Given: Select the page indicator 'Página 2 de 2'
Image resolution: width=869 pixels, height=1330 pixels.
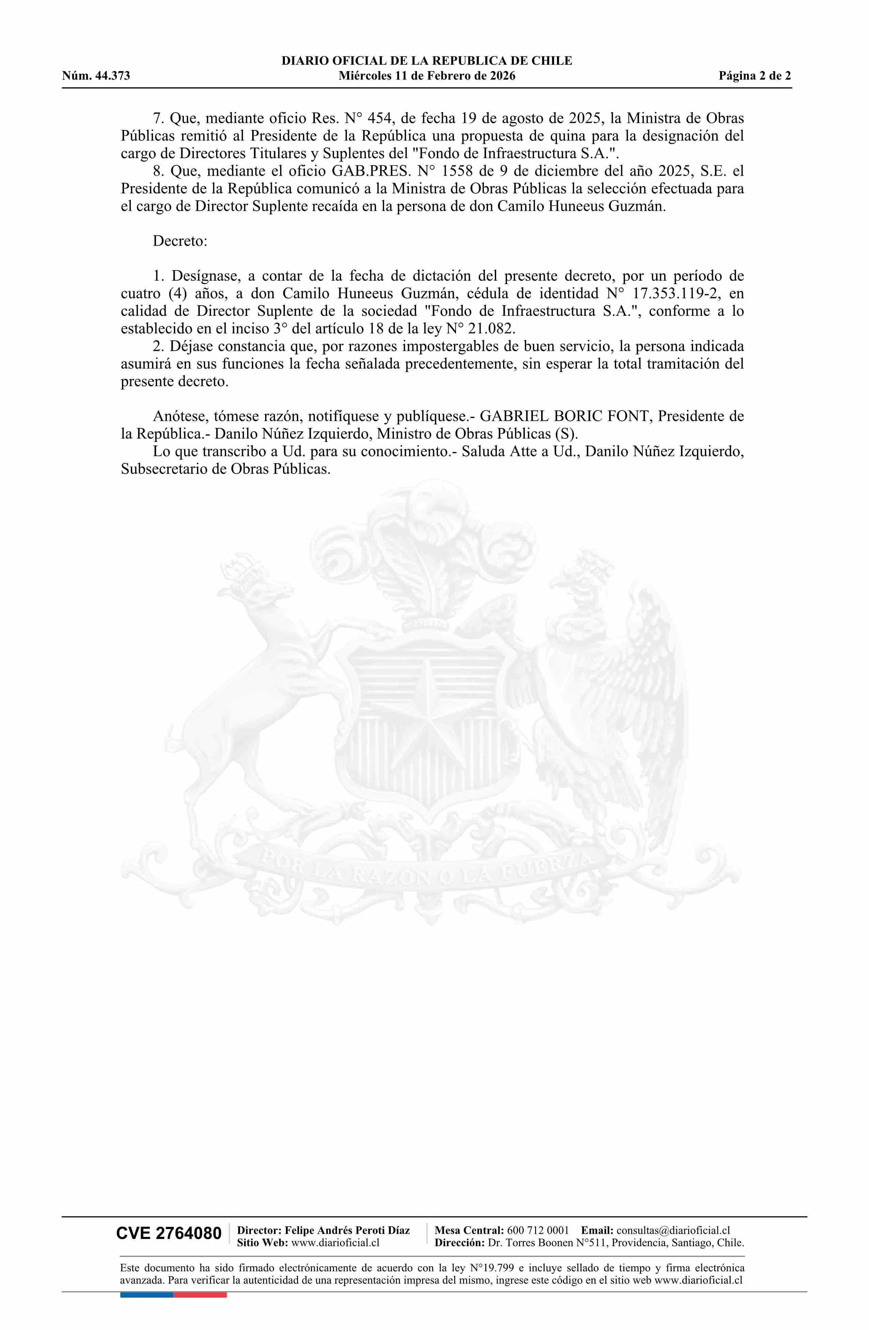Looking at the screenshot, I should [754, 76].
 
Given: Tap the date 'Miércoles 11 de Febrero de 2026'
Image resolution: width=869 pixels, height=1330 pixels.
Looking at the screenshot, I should [427, 76].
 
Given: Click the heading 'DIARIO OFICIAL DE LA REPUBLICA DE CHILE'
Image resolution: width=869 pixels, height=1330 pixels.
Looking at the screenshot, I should [427, 61].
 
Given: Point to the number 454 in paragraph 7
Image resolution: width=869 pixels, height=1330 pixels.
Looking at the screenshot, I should [379, 118].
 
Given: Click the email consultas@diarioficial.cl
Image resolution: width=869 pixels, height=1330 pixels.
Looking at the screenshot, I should [673, 1230].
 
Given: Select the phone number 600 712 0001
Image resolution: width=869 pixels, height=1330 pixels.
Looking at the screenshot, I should [538, 1230].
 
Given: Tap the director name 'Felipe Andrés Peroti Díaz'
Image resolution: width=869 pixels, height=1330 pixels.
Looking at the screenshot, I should [347, 1230].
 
